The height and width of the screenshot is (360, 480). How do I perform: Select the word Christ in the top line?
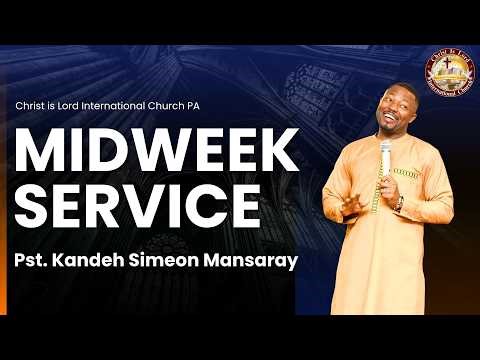[35, 107]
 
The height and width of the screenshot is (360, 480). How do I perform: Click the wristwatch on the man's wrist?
[398, 203]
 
